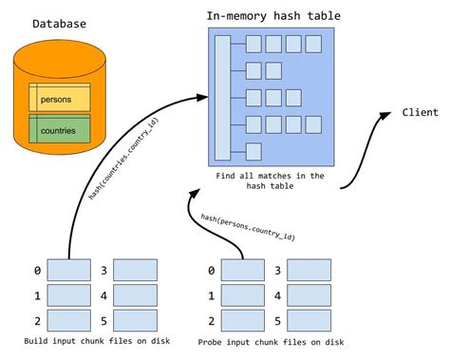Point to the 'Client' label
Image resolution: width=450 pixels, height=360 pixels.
click(x=420, y=112)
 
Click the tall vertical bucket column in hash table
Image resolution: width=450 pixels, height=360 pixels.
click(x=222, y=96)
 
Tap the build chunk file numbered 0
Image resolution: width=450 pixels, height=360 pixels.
click(x=69, y=271)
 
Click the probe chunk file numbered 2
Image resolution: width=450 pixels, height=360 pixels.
click(x=236, y=319)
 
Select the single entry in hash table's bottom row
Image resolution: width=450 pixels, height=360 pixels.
click(x=253, y=150)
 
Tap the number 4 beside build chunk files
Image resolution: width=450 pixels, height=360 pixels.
click(x=103, y=295)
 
